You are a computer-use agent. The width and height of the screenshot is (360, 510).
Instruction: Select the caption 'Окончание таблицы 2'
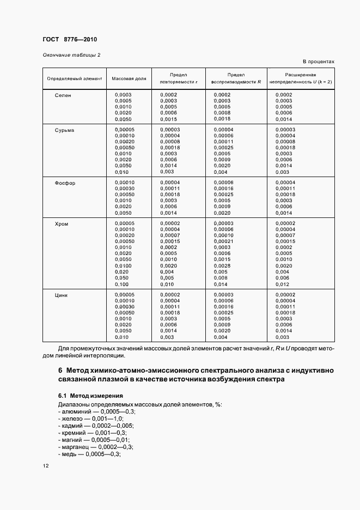point(71,55)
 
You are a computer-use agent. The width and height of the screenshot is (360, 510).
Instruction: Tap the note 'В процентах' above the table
point(318,62)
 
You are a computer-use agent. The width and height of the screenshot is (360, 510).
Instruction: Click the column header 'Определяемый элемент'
point(75,79)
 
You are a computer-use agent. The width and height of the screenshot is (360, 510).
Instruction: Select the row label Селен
point(63,95)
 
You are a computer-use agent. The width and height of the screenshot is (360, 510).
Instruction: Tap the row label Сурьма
point(64,130)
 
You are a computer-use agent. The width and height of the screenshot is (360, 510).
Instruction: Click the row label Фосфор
point(65,183)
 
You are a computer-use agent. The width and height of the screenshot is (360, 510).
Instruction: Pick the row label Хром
point(62,224)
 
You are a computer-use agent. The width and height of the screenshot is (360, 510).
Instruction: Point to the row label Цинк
point(62,295)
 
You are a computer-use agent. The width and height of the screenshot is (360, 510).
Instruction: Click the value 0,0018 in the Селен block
point(222,119)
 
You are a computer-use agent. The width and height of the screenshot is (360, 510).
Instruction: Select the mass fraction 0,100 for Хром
point(121,284)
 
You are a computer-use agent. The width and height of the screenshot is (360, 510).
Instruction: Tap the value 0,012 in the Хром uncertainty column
point(283,284)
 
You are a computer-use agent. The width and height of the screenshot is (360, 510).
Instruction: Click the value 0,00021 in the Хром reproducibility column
point(223,241)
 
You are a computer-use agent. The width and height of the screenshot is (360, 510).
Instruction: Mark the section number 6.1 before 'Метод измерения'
point(62,396)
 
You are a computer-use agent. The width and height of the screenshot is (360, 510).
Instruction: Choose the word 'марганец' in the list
point(74,447)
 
